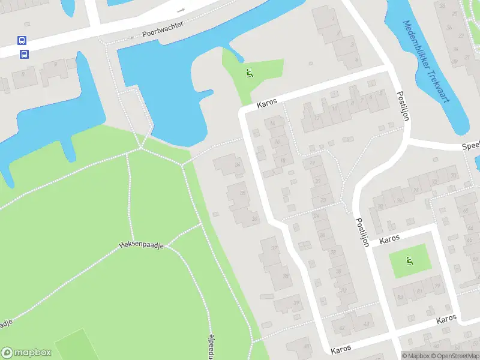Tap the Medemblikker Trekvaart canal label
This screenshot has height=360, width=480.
pyautogui.click(x=425, y=63)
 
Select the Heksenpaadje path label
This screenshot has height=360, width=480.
pyautogui.click(x=142, y=245)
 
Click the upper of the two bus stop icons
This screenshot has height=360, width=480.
pyautogui.click(x=22, y=41)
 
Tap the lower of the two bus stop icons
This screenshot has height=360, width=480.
pyautogui.click(x=25, y=54)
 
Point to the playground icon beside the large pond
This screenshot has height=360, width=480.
pyautogui.click(x=249, y=73)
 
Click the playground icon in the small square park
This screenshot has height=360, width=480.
pyautogui.click(x=410, y=260)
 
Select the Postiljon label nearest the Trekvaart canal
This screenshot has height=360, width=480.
pyautogui.click(x=403, y=106)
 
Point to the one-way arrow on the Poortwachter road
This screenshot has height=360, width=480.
pyautogui.click(x=181, y=11)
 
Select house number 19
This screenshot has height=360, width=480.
pyautogui.click(x=313, y=163)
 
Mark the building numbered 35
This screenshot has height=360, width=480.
pyautogui.click(x=242, y=193)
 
